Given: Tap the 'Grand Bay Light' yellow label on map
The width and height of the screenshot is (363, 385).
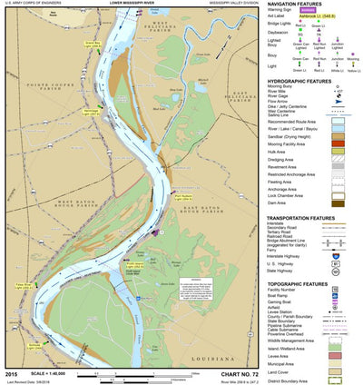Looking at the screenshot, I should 92,43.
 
